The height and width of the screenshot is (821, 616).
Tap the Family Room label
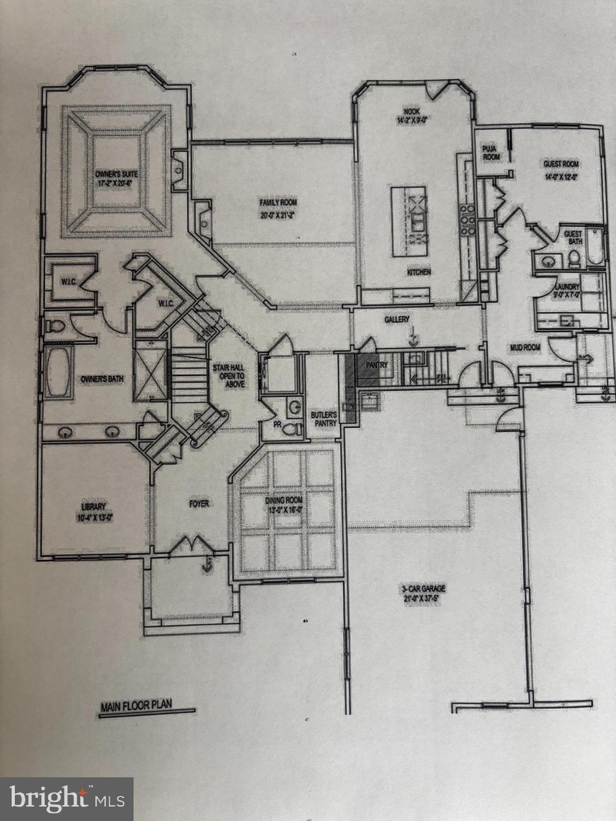point(278,203)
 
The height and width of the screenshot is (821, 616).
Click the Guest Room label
point(561,164)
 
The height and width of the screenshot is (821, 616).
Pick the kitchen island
point(409,221)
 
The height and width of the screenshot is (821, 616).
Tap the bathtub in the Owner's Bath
point(57,372)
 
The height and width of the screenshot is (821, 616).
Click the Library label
point(94,507)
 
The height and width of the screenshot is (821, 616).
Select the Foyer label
point(198,504)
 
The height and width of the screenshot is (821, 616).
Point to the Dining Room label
point(284,500)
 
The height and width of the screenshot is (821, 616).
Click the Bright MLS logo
point(66,799)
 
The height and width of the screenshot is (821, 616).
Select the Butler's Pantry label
point(324,419)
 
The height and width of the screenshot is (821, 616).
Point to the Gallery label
point(397,319)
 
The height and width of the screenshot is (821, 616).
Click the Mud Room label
point(525,347)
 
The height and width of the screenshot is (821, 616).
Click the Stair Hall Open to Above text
point(228,375)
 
